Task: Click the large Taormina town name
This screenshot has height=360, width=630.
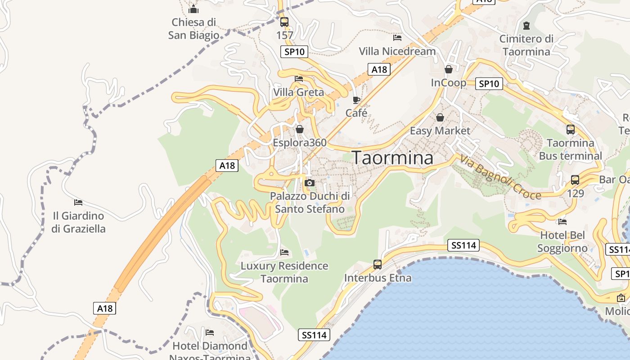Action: (x=392, y=158)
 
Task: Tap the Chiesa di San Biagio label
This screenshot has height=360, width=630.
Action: (x=194, y=28)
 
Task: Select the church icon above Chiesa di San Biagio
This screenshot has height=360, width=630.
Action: (x=193, y=9)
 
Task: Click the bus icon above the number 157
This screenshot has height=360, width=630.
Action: (x=284, y=22)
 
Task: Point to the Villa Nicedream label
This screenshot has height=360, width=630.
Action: (x=397, y=51)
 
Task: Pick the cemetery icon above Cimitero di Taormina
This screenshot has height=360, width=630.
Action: (x=526, y=25)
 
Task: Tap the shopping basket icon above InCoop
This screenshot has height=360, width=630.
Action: (x=448, y=69)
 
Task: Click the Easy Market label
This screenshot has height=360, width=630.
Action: (x=440, y=130)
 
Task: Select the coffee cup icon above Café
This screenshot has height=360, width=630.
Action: (x=356, y=100)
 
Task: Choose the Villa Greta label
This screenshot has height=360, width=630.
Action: (x=298, y=92)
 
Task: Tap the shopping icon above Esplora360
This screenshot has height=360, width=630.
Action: (x=300, y=130)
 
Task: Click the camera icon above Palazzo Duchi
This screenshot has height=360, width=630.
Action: (x=310, y=183)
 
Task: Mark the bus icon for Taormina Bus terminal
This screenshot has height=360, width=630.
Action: (x=571, y=130)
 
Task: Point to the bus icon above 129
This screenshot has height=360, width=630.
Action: (x=575, y=180)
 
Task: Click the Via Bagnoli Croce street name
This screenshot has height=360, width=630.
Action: (x=499, y=177)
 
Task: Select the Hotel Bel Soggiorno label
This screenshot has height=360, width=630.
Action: (x=562, y=242)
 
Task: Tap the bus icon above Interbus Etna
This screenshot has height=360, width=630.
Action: (x=378, y=265)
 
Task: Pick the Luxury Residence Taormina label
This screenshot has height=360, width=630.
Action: (x=284, y=272)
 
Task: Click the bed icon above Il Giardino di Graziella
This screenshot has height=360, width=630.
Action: (x=78, y=202)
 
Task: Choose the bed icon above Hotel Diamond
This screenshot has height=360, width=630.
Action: (x=210, y=333)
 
